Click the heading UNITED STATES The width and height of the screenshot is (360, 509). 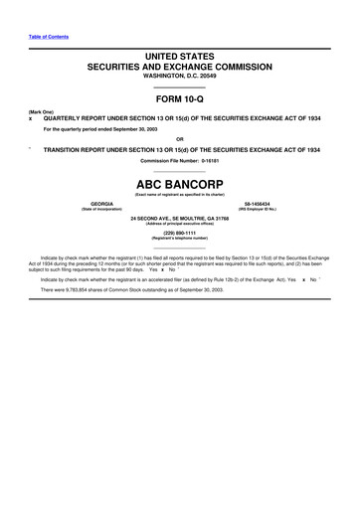(x=180, y=62)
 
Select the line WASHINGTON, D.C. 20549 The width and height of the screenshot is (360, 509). (x=180, y=83)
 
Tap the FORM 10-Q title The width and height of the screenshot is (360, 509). (x=180, y=103)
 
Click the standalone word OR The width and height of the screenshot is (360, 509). (x=180, y=139)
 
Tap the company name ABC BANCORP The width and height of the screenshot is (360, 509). (x=180, y=183)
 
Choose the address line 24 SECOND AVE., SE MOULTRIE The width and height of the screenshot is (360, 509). (x=180, y=217)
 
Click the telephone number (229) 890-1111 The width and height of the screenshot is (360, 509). (x=180, y=234)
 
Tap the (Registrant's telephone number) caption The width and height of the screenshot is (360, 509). (x=180, y=240)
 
